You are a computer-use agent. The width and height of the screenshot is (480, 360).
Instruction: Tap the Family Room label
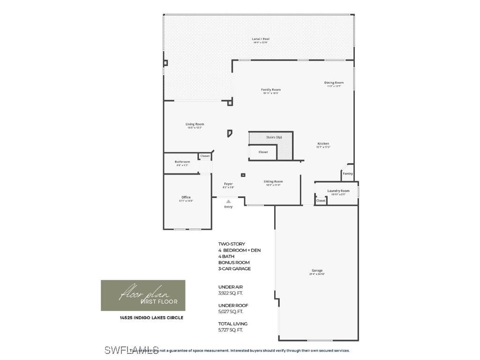[x=271, y=90]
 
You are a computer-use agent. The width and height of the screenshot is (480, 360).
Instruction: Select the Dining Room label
[x=334, y=83]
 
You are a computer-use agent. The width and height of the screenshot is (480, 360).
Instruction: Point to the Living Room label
[x=195, y=124]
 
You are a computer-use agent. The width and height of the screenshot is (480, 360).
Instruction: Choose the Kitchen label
[x=323, y=143]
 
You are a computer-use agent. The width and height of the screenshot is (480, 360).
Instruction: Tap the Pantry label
[x=347, y=173]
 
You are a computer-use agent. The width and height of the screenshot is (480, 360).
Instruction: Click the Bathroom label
[x=182, y=162]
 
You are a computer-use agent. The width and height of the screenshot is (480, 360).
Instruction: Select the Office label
[x=186, y=197]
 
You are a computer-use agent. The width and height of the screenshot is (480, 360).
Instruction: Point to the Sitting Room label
[x=273, y=181]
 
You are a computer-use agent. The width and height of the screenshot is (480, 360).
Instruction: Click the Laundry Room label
[x=338, y=191]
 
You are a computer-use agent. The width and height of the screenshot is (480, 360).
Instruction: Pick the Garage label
[x=317, y=270]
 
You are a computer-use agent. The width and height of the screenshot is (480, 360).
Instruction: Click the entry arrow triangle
[x=228, y=202]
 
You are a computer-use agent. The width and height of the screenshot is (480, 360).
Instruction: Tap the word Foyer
[x=228, y=184]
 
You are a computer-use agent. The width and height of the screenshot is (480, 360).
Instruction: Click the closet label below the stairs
[x=263, y=152]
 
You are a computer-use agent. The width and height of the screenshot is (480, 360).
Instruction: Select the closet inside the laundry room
[x=321, y=201]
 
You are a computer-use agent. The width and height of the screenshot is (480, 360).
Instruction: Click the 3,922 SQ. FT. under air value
[x=231, y=293]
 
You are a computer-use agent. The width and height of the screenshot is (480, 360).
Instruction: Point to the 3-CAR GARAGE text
[x=234, y=269]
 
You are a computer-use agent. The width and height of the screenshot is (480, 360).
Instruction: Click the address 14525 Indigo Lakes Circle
[x=151, y=317]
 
